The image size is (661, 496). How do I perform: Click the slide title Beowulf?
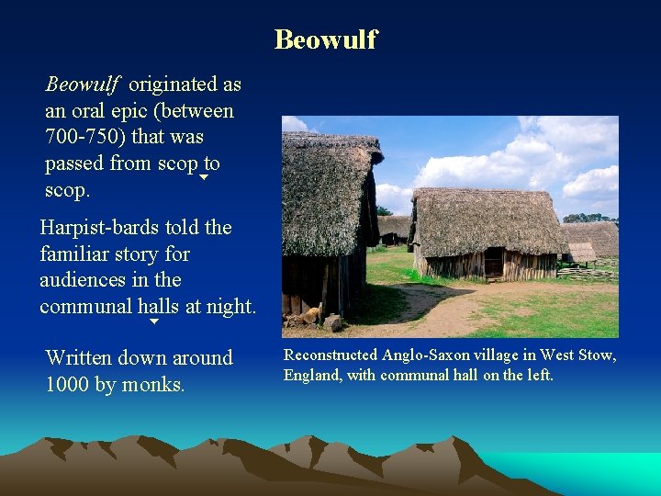coord(326,39)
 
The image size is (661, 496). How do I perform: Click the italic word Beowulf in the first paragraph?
coord(83,85)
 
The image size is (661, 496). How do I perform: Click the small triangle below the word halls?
coord(154,322)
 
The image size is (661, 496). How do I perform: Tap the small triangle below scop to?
coord(204,177)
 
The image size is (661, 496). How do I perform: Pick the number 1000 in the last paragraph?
coord(68,385)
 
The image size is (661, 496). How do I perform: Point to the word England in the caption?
coord(313,375)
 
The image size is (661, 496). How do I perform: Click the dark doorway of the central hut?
coord(493,264)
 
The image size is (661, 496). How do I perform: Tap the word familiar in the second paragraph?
coord(78,254)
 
